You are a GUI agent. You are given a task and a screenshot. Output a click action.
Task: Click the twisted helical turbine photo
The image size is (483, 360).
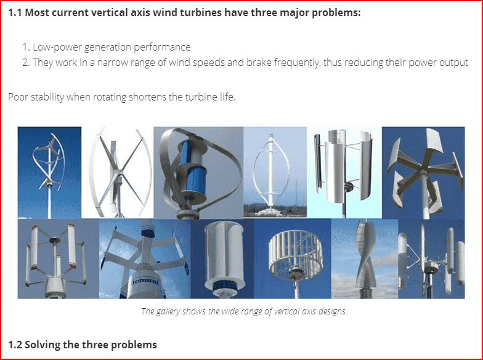click(x=365, y=259)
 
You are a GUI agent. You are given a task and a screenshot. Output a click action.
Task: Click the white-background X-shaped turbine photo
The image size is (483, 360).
click(x=117, y=173)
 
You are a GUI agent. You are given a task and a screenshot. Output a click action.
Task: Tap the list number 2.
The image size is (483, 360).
click(x=25, y=63)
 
